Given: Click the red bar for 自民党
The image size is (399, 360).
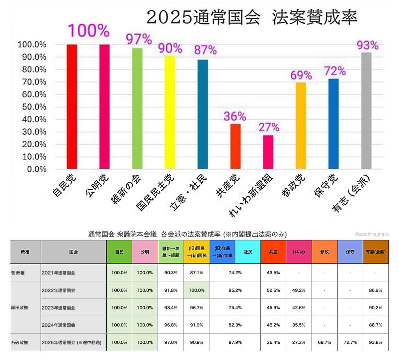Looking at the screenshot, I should (x=71, y=106).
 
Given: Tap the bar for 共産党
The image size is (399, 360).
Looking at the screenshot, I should (x=235, y=146).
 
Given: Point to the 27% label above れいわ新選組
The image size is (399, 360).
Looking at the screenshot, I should (x=269, y=127).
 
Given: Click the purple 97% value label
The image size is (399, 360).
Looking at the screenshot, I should (x=139, y=39).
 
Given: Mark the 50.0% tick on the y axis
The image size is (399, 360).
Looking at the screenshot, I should (x=32, y=107).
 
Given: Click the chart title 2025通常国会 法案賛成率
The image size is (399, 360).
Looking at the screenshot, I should (x=252, y=17).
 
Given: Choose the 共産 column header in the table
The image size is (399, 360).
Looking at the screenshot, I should (x=273, y=252).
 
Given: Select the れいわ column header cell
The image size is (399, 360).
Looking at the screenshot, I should (x=299, y=252).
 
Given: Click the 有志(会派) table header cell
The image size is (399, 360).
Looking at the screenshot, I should (x=375, y=252).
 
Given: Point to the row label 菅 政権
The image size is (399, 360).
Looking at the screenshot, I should (x=18, y=273).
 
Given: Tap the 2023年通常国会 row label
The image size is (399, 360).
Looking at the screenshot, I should (x=59, y=308).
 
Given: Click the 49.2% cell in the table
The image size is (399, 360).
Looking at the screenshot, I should (x=299, y=290).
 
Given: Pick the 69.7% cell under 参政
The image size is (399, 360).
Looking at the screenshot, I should (x=324, y=342).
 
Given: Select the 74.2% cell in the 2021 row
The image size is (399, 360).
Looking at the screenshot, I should (x=235, y=273).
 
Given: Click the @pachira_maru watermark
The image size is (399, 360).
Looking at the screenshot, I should (x=371, y=234).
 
